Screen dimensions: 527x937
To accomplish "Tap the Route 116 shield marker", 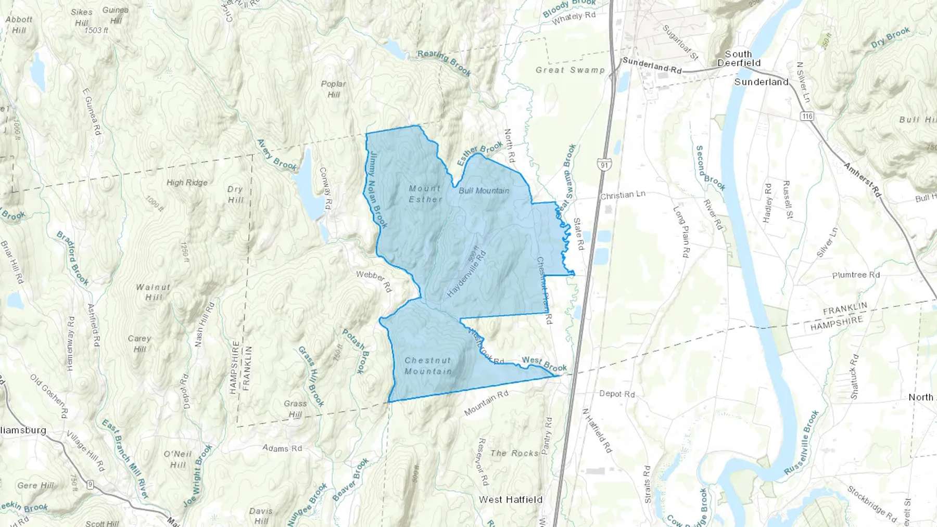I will [807, 116].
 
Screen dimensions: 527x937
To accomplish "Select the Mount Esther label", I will [425, 194].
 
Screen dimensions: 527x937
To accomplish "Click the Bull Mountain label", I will [484, 191].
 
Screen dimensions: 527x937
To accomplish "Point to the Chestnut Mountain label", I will [428, 366].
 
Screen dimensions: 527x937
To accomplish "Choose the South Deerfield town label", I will [739, 58].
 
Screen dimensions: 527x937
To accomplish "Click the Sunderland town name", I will [761, 82].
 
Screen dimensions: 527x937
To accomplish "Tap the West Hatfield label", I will [510, 499].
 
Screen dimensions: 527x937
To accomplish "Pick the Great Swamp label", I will [570, 70].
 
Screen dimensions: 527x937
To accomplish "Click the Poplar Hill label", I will [333, 89].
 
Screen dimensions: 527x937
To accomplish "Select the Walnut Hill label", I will [153, 292].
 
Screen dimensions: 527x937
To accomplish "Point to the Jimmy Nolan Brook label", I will [378, 190].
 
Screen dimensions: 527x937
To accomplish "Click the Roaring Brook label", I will [444, 63].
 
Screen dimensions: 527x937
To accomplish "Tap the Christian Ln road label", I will [623, 195].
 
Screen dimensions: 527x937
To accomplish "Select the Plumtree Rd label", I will [856, 275].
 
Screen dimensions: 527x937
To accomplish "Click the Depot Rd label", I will [617, 394].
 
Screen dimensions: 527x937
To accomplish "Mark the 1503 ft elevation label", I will [96, 31].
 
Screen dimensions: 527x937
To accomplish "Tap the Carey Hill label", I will [140, 343].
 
